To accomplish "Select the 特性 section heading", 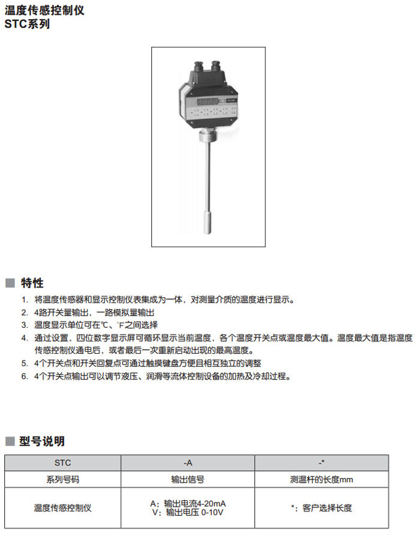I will [32, 283].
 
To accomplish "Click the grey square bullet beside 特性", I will [10, 283].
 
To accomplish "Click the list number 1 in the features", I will [25, 300].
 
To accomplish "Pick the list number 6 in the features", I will [25, 377].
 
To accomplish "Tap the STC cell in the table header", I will [62, 462].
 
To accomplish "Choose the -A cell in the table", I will [188, 462].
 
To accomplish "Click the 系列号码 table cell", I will [62, 480].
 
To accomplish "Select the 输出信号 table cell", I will [188, 480].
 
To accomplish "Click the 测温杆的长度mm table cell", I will [322, 480].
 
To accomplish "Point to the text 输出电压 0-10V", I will [194, 513].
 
